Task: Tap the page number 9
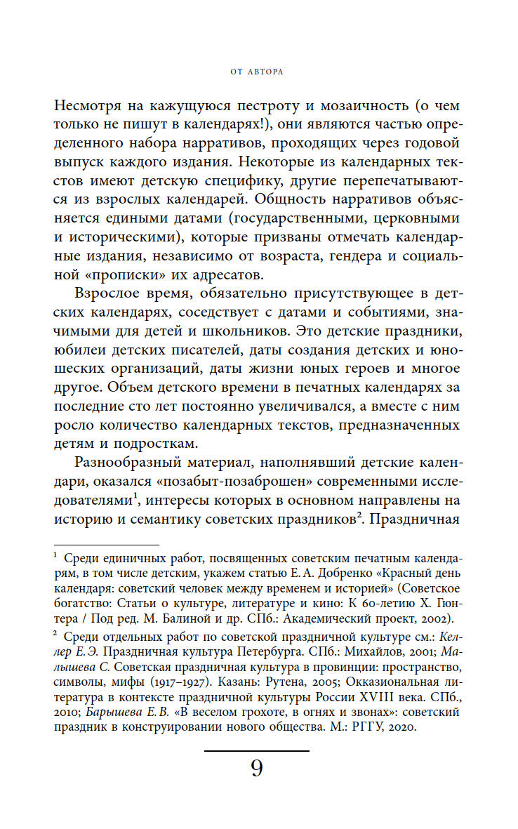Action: click(x=256, y=769)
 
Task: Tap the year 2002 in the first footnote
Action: click(x=437, y=618)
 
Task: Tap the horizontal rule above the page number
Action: click(x=256, y=751)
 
